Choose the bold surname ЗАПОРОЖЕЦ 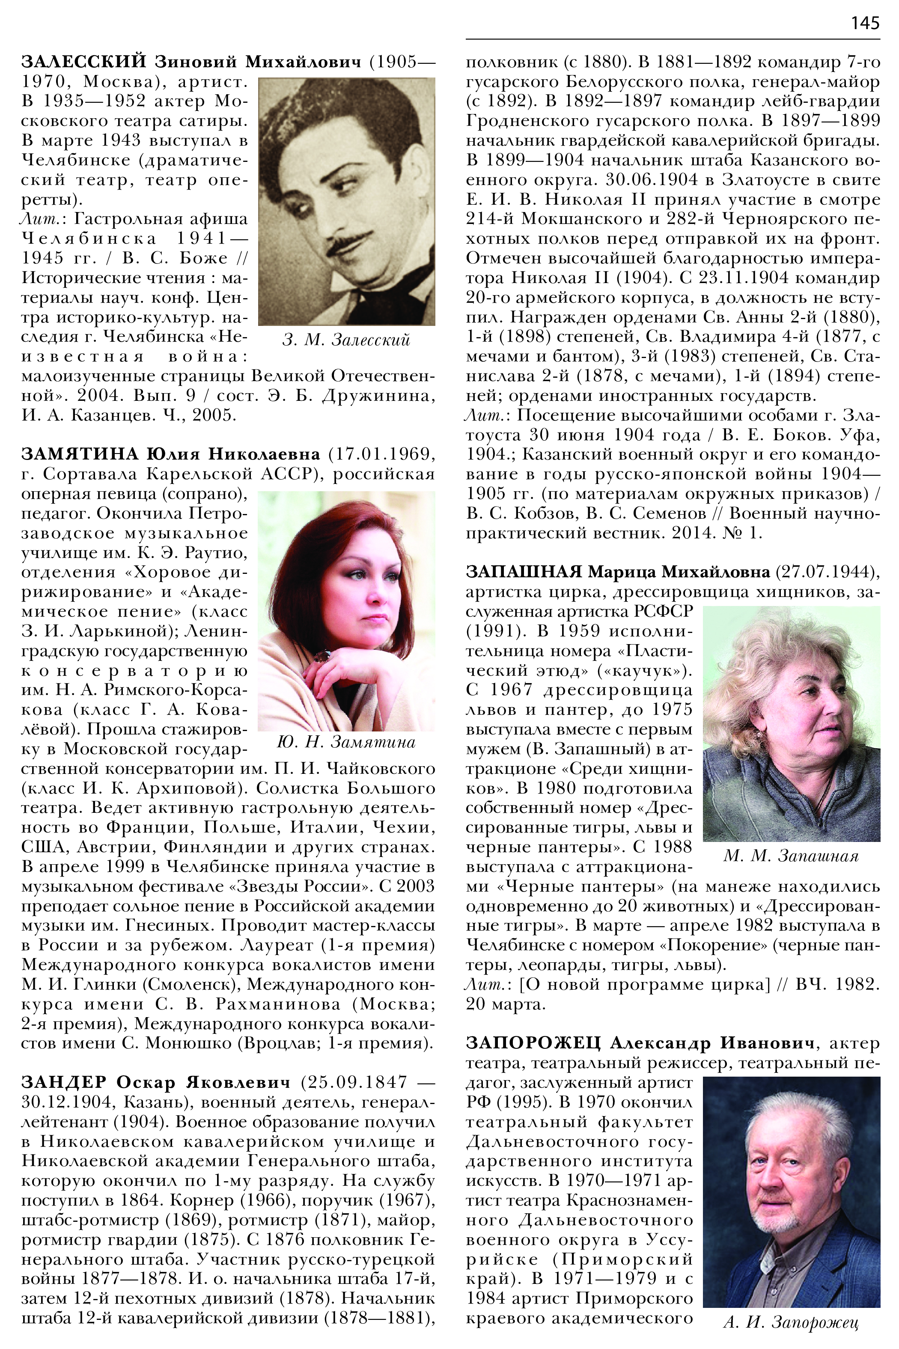[533, 1043]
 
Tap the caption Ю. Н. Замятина [346, 743]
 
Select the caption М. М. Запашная [791, 857]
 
